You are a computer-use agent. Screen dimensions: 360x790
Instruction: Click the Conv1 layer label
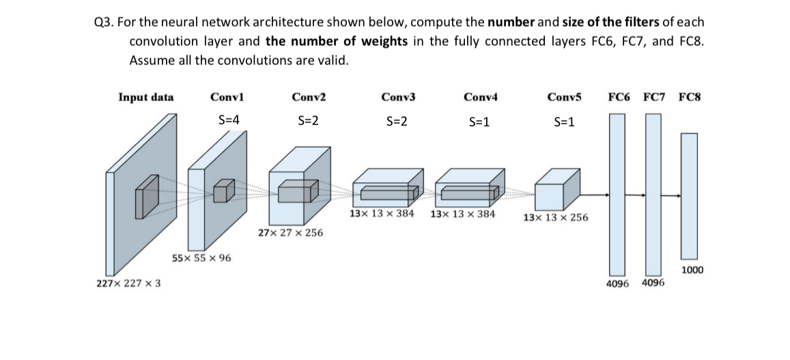(227, 97)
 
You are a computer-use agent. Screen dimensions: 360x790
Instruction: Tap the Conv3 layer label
(398, 97)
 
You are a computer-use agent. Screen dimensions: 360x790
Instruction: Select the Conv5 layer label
(564, 97)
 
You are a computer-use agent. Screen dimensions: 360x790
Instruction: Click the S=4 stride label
(228, 120)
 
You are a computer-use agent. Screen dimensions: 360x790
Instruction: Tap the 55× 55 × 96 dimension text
(201, 258)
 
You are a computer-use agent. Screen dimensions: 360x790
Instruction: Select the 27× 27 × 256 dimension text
(290, 233)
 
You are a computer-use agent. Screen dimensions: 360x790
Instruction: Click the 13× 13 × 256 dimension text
(554, 218)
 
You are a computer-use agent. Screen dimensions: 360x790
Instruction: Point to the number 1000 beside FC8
(692, 270)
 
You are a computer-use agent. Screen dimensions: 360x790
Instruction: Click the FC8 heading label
(690, 97)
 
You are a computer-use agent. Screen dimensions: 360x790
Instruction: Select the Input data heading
(146, 97)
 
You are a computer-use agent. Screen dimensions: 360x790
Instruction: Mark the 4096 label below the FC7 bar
(653, 283)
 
